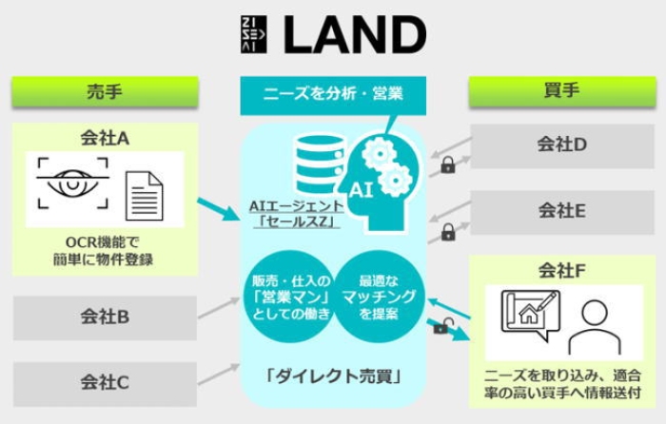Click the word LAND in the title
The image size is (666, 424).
(355, 34)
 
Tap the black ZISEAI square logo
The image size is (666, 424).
(254, 34)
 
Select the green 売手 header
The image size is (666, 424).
(105, 91)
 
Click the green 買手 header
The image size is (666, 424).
(562, 91)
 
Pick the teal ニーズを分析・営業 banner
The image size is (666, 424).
(333, 94)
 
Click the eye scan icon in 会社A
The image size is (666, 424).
(72, 183)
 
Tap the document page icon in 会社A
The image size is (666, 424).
(145, 196)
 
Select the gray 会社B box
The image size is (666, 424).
(105, 318)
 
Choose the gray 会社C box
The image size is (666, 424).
(105, 384)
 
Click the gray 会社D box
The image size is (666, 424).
(562, 145)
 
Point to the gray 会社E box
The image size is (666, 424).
(562, 212)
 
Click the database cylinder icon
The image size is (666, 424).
(320, 164)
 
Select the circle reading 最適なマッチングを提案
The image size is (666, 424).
(379, 298)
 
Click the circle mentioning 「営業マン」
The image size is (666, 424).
(291, 298)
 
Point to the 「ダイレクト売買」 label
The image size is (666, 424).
(333, 376)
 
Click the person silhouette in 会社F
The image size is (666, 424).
(595, 327)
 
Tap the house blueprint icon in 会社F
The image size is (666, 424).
(530, 314)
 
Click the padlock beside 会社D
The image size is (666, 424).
(448, 164)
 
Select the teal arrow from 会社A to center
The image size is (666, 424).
(219, 209)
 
